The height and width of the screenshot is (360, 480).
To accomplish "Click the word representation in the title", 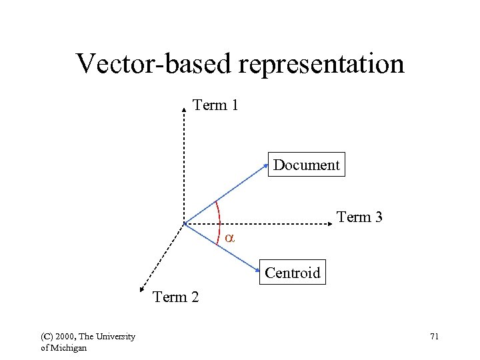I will click(319, 64).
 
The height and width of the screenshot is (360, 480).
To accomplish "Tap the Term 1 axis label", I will click(215, 105).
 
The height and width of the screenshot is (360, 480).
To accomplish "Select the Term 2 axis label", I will click(176, 297).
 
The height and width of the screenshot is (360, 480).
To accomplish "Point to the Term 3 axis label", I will click(359, 217).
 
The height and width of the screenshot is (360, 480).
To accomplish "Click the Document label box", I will click(307, 165).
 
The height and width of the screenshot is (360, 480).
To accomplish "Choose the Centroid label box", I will click(293, 273).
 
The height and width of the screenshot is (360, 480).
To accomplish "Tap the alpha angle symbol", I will click(229, 238).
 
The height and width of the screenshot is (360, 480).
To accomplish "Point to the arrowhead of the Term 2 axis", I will click(141, 289).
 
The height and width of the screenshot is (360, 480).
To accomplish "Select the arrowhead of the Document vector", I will click(267, 167).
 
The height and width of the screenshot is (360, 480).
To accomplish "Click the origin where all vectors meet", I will click(184, 224).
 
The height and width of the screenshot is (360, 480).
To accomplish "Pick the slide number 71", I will click(434, 337).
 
